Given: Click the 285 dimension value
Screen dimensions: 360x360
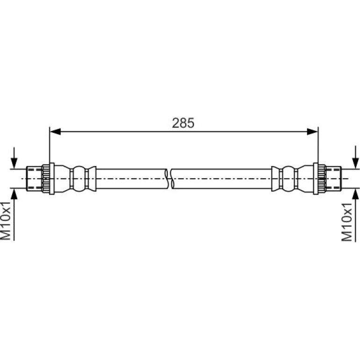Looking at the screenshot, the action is click(x=183, y=123).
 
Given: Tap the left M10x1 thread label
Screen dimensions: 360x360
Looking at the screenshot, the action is click(x=6, y=221).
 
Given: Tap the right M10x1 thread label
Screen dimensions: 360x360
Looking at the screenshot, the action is click(x=346, y=222).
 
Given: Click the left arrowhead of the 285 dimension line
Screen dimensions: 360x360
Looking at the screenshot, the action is click(x=55, y=131).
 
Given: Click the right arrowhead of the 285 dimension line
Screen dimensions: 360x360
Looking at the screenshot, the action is click(x=312, y=131).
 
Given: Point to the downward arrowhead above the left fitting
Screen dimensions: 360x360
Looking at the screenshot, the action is click(x=14, y=164).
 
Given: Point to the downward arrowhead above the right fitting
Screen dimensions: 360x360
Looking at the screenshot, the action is click(x=356, y=164).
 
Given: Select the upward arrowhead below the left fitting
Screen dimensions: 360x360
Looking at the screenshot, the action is click(x=14, y=194).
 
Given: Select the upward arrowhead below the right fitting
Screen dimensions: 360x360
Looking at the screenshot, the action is click(x=356, y=194).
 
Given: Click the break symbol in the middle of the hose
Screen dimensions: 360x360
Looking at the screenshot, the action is click(x=170, y=179).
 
